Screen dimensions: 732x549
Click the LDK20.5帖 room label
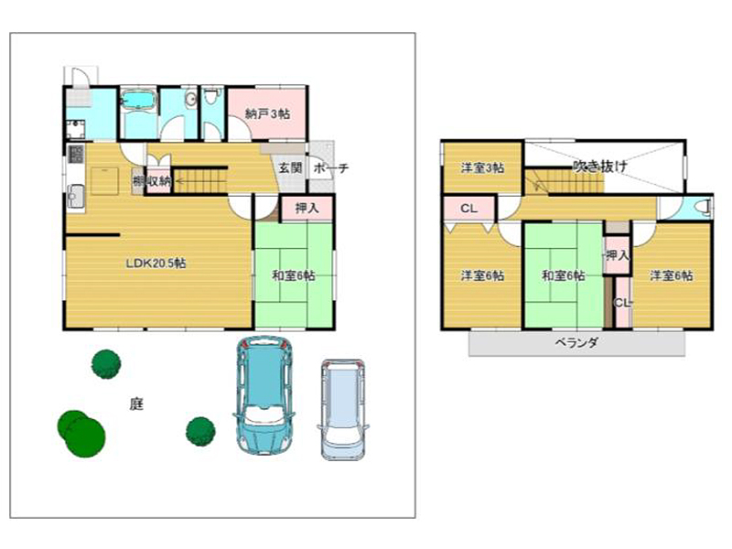point(156,264)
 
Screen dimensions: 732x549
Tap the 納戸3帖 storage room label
point(267,113)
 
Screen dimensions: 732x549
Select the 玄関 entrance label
point(290,167)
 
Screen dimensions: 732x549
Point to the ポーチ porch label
point(331,168)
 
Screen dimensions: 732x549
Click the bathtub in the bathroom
point(138,100)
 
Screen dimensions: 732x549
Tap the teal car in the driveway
point(264,395)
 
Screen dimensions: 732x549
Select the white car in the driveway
point(343,409)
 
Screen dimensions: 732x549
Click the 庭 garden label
point(136,404)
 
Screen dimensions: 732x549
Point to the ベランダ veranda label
point(576,343)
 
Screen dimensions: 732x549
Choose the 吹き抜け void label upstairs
point(600,166)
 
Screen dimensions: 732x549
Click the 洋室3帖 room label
point(482,167)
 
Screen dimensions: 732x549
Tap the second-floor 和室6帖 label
point(563,275)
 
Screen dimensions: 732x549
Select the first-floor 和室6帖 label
point(293,275)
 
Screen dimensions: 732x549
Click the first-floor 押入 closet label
point(307,209)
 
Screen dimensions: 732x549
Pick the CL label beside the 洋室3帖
point(468,209)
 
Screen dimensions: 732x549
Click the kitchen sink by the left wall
point(76,196)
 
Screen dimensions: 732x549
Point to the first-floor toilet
point(212,96)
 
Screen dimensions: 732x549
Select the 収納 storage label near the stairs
point(158,180)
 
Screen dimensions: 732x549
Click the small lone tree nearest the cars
point(200,431)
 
